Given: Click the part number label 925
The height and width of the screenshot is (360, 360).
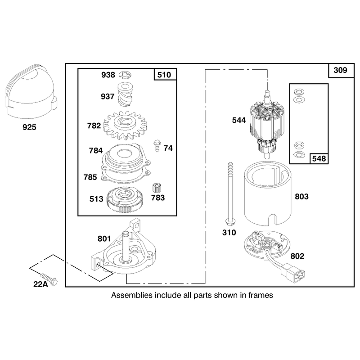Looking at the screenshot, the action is [x=29, y=127].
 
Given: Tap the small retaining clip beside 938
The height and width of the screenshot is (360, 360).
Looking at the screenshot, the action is [x=126, y=75].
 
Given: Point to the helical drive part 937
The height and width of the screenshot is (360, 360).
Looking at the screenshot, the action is [x=125, y=94].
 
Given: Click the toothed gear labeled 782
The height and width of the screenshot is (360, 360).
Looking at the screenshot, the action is [x=125, y=126].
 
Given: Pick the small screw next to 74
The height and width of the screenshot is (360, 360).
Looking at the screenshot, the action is [x=157, y=145].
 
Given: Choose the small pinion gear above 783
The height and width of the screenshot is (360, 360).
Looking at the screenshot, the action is [x=157, y=188].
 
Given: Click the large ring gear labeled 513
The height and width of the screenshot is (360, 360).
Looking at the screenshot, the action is [x=125, y=200].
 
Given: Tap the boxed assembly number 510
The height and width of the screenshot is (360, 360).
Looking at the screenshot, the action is [x=164, y=75].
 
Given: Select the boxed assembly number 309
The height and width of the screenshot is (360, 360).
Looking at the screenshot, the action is [x=340, y=70].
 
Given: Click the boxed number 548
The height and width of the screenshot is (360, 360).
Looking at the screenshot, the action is [x=319, y=159].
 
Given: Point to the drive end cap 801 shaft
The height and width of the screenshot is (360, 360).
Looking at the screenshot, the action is [x=126, y=246].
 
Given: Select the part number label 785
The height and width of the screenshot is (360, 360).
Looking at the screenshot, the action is [x=90, y=177].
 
